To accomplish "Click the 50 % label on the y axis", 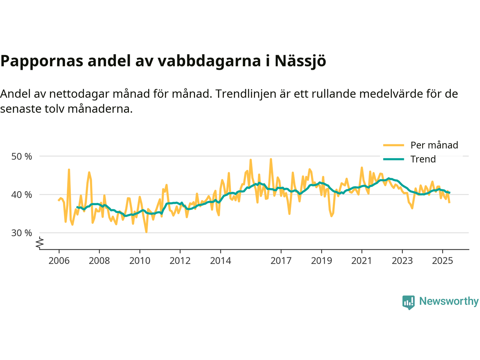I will (22, 156).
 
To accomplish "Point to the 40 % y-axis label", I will (22, 195).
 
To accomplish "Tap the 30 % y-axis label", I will (22, 233).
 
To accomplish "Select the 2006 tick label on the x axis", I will (59, 261).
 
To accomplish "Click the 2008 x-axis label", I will (99, 261).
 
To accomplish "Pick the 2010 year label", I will (140, 261).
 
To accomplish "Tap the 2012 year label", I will (180, 261).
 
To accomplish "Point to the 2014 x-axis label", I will (220, 261).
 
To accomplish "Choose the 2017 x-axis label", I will (281, 261).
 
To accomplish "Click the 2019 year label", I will (321, 261).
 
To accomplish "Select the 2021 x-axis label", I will (362, 261).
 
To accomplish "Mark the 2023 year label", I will (402, 261).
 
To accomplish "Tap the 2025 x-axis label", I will (442, 261).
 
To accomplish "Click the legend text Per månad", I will (434, 145).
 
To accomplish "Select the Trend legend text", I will (423, 159).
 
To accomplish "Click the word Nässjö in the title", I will (300, 61).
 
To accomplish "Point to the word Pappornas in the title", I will (41, 61).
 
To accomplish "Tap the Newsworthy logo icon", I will (408, 302).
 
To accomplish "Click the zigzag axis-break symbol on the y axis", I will (40, 243).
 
